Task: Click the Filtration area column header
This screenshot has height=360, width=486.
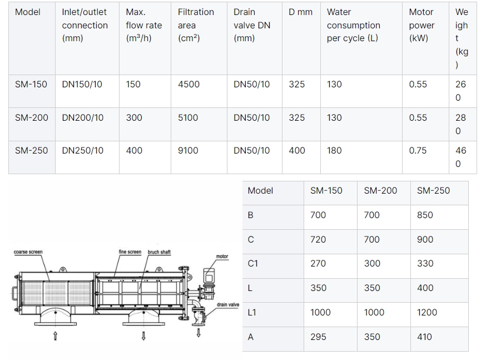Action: [x=196, y=25]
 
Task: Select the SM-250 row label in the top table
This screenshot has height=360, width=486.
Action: [x=31, y=151]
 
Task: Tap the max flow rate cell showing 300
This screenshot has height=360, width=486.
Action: [x=134, y=118]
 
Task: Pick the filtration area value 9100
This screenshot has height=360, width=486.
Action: [x=188, y=151]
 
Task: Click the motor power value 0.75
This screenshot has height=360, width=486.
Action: [x=418, y=151]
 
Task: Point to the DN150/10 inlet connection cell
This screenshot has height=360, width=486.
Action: [x=82, y=85]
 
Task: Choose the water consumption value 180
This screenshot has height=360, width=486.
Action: [x=334, y=151]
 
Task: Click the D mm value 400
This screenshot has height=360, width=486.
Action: [x=297, y=151]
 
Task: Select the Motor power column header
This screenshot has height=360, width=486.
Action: [x=421, y=25]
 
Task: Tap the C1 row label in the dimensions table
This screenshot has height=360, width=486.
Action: [x=252, y=264]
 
